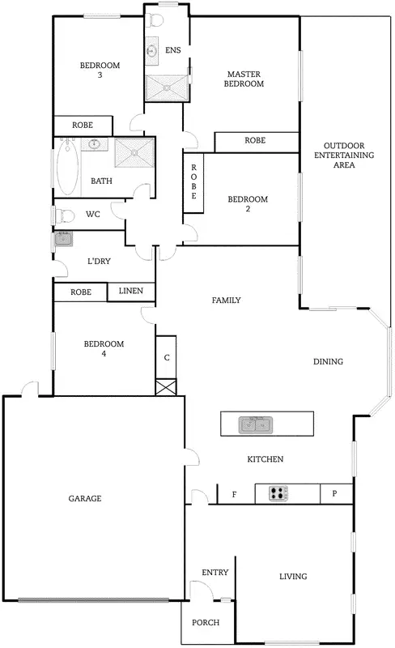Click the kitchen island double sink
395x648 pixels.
click(256, 424)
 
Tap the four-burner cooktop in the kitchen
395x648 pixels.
click(279, 492)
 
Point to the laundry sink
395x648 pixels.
click(63, 239)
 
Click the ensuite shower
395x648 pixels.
click(166, 87)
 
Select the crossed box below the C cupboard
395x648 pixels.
click(165, 388)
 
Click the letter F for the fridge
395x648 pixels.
click(235, 493)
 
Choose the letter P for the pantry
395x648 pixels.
click(335, 493)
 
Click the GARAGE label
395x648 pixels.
click(84, 498)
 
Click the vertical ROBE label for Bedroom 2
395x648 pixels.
click(193, 183)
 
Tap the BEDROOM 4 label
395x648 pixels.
click(104, 348)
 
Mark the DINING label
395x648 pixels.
click(328, 362)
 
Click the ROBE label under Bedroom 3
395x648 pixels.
click(82, 126)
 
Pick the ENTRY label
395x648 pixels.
click(214, 573)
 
